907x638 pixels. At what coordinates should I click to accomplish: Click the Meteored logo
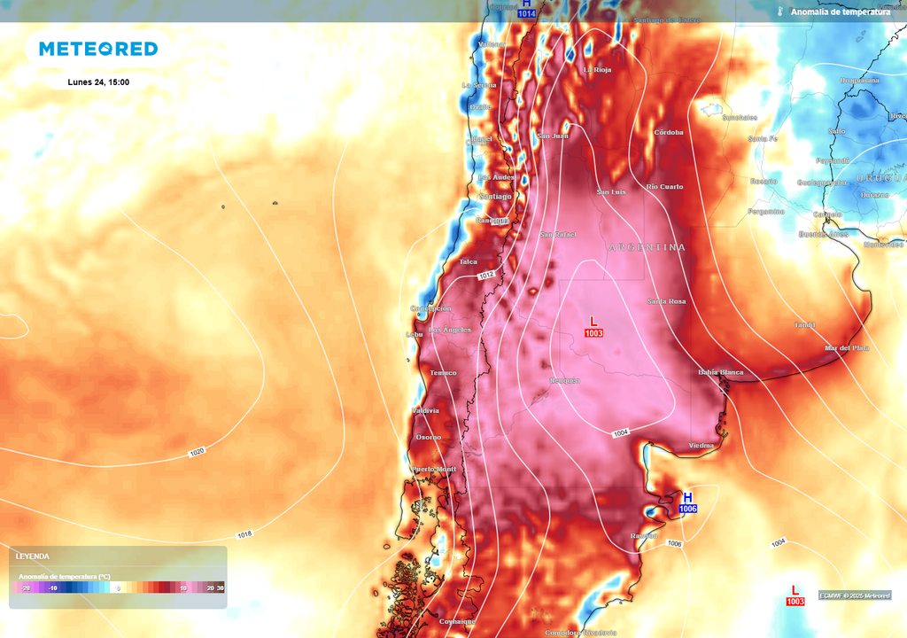click(x=98, y=49)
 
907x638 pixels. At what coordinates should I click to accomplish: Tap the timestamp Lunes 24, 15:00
click(x=98, y=82)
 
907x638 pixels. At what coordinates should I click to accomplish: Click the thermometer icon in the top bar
click(x=780, y=12)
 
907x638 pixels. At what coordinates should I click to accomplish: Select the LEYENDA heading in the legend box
click(x=33, y=556)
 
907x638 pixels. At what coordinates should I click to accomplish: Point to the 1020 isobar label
click(x=197, y=452)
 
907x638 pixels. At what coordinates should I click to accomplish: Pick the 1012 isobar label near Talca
click(x=486, y=276)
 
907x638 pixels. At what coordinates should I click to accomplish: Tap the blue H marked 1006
click(x=687, y=498)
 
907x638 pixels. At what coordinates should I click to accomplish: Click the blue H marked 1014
click(x=526, y=4)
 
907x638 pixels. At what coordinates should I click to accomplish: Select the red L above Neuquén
click(x=593, y=320)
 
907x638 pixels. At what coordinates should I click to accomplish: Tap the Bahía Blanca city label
click(x=720, y=372)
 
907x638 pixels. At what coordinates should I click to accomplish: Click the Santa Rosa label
click(x=666, y=301)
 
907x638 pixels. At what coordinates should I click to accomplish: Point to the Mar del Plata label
click(x=848, y=348)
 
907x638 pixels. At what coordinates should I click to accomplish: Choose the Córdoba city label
click(x=669, y=132)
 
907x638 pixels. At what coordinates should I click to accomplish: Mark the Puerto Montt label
click(x=433, y=469)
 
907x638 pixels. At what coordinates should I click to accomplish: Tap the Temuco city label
click(x=443, y=372)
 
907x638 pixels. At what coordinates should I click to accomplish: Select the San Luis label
click(x=611, y=191)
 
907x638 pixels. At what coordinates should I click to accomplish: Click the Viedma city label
click(x=701, y=445)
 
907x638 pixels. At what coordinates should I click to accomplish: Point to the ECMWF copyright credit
click(x=854, y=595)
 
